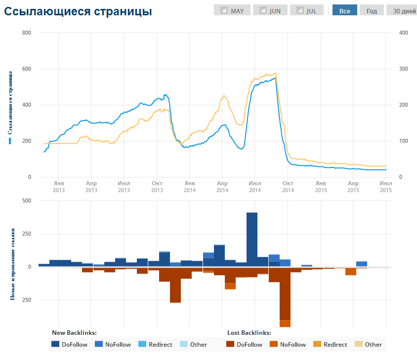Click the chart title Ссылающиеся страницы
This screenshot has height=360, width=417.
[x=78, y=12]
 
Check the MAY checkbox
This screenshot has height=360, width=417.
[x=224, y=10]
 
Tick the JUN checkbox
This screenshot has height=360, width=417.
[x=263, y=10]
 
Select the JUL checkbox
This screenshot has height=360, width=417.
[x=300, y=10]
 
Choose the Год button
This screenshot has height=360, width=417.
[x=372, y=10]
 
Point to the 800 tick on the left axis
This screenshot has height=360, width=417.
[x=27, y=33]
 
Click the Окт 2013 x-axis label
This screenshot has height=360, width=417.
[x=157, y=187]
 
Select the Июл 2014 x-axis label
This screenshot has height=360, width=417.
[x=254, y=187]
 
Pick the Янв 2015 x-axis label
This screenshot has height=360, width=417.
[x=321, y=187]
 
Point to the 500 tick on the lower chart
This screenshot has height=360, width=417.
[x=26, y=201]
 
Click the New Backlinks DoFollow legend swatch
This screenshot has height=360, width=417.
[x=56, y=344]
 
